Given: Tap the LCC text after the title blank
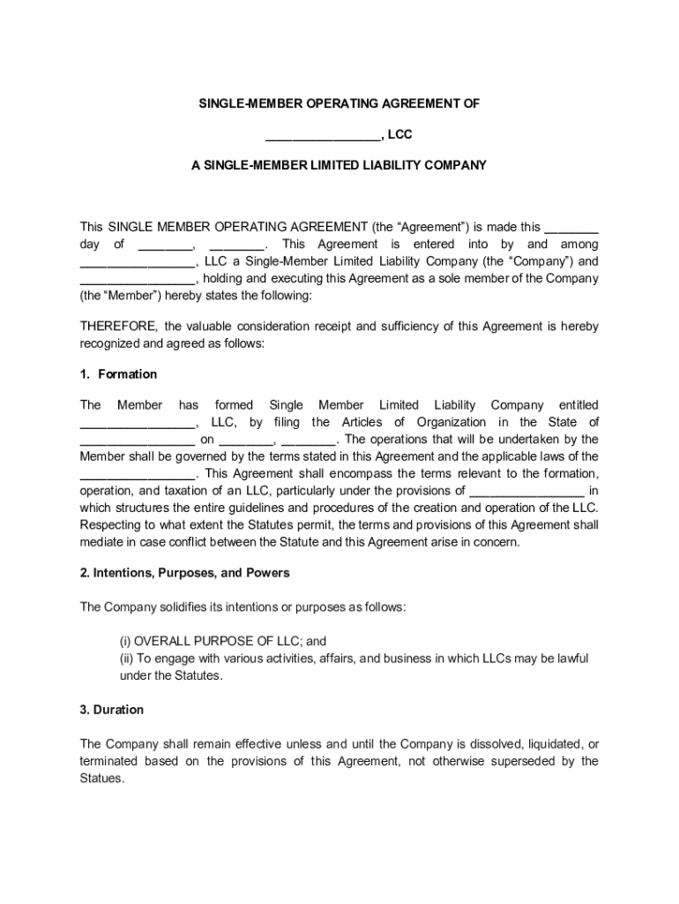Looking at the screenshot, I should pos(399,134).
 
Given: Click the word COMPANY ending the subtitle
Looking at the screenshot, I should pos(455,165).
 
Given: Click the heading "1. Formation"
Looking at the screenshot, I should pos(118,374).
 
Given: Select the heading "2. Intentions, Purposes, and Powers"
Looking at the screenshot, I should pos(184,573).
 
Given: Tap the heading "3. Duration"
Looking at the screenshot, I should pos(112,710).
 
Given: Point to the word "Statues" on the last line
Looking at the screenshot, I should pos(101,779).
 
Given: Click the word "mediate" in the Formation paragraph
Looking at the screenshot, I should pos(102,542).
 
